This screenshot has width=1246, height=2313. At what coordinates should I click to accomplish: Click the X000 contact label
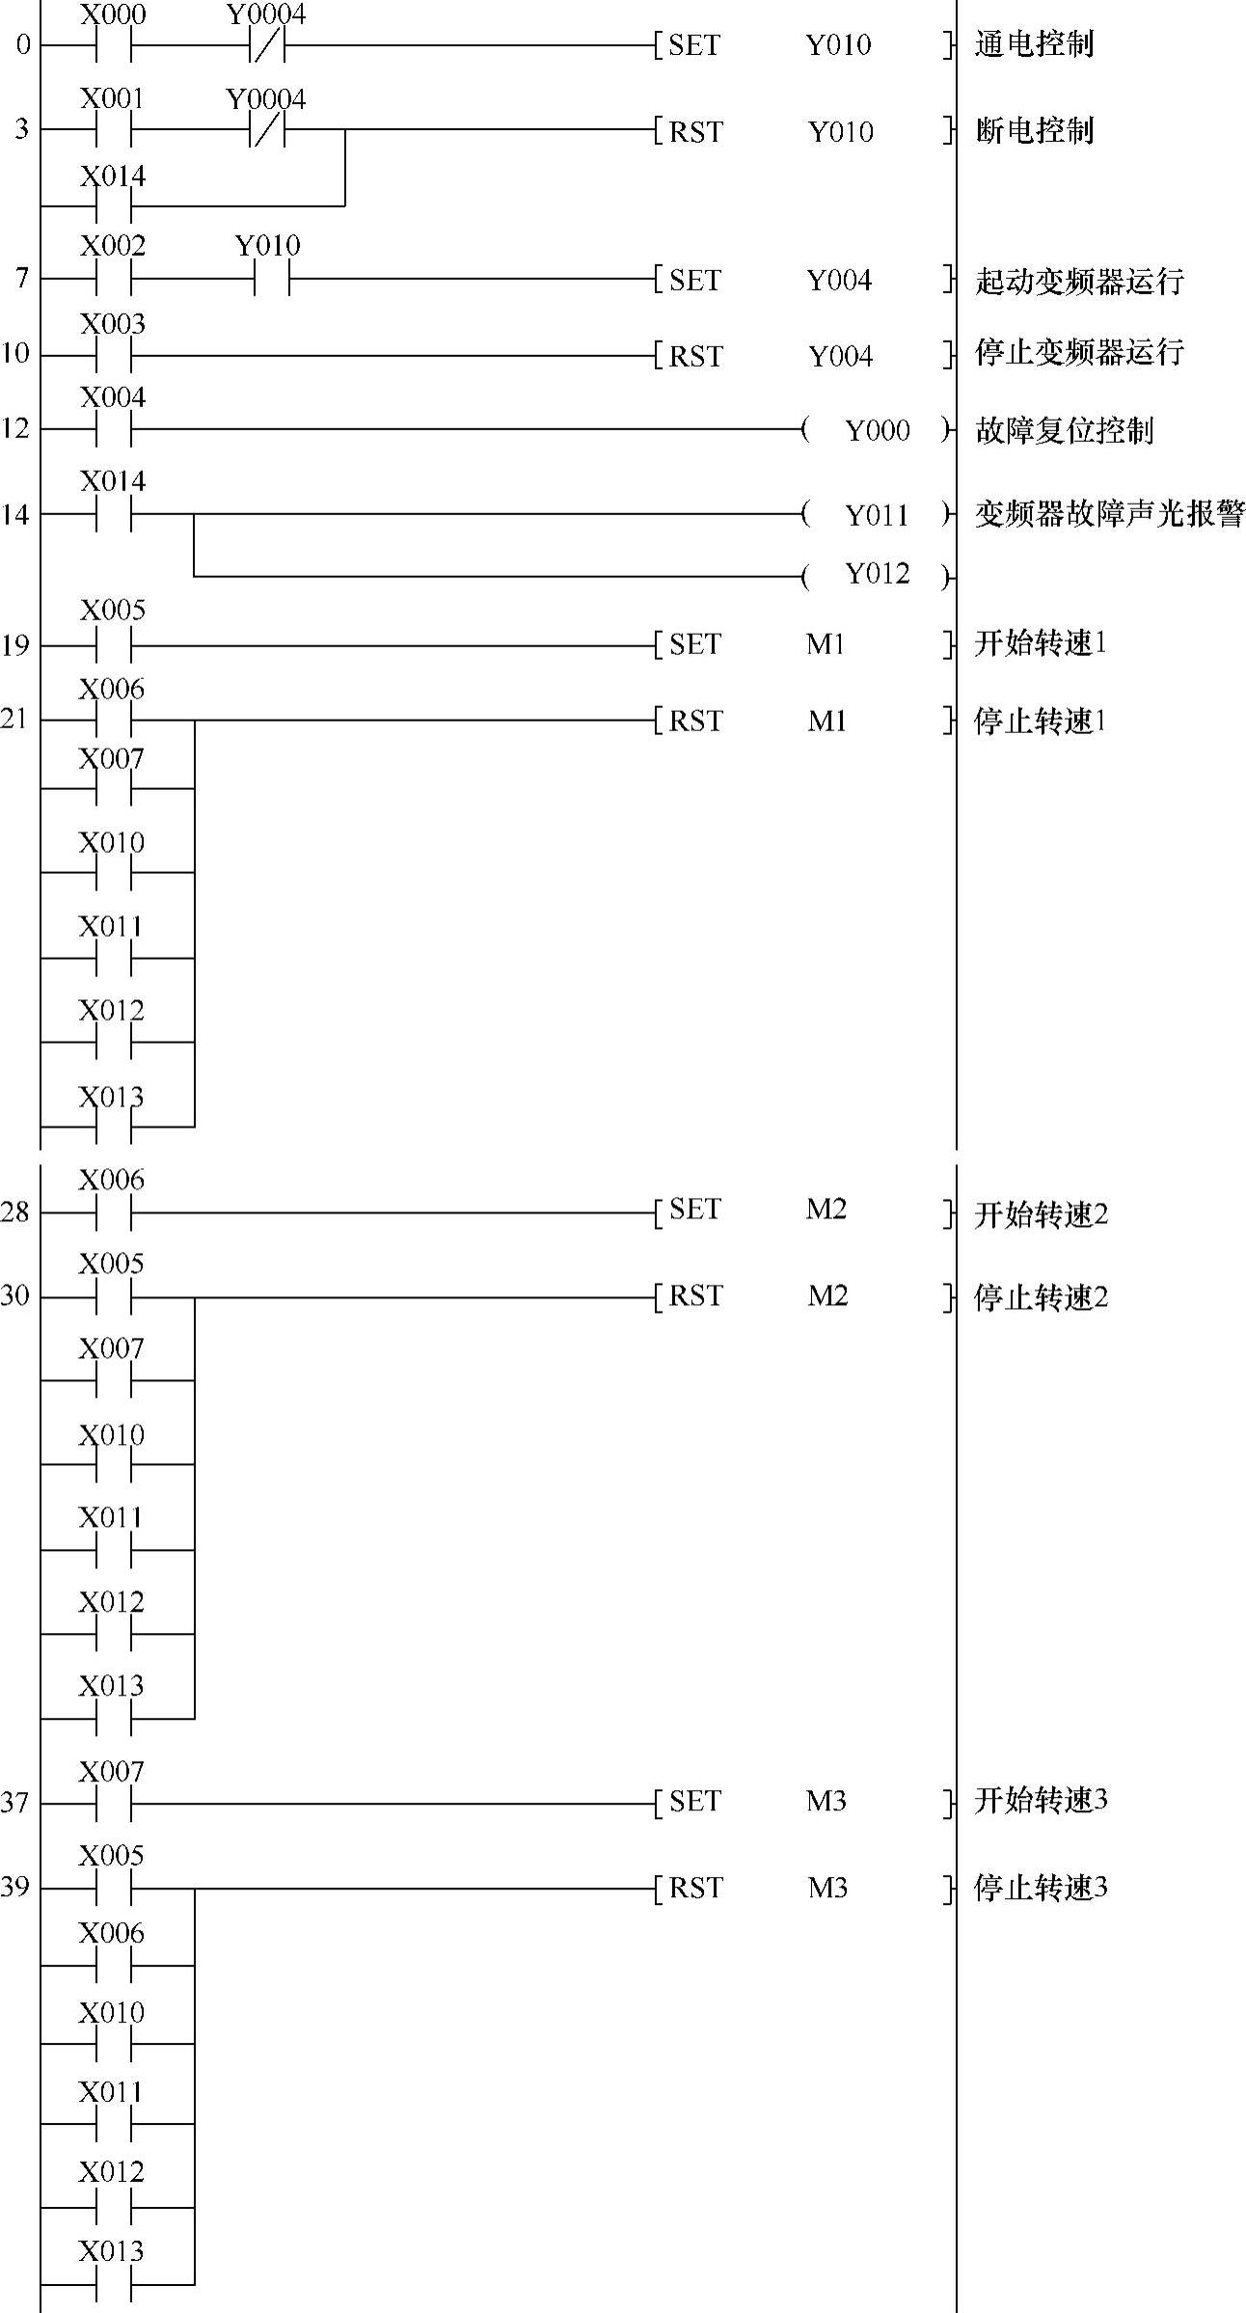click(113, 15)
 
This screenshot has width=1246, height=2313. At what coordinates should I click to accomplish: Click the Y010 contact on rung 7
click(271, 280)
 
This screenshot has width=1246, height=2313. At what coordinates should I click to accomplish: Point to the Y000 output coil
click(877, 430)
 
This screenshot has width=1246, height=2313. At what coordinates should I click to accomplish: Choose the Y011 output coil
click(877, 515)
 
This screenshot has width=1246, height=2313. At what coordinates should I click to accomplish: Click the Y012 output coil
click(877, 575)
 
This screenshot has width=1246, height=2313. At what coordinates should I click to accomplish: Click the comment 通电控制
click(1034, 44)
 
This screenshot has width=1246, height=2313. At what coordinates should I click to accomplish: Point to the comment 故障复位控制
click(1064, 430)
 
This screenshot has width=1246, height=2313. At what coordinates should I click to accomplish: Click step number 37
click(15, 1802)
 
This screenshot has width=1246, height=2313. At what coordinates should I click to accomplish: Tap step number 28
click(15, 1212)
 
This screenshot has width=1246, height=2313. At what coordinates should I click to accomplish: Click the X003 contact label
click(113, 324)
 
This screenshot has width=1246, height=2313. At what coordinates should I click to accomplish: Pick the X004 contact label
click(113, 397)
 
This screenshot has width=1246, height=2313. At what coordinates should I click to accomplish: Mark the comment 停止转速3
click(1041, 1887)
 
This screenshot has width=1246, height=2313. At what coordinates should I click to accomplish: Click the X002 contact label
click(113, 246)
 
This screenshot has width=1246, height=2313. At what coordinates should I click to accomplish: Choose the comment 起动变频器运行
click(1079, 281)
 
